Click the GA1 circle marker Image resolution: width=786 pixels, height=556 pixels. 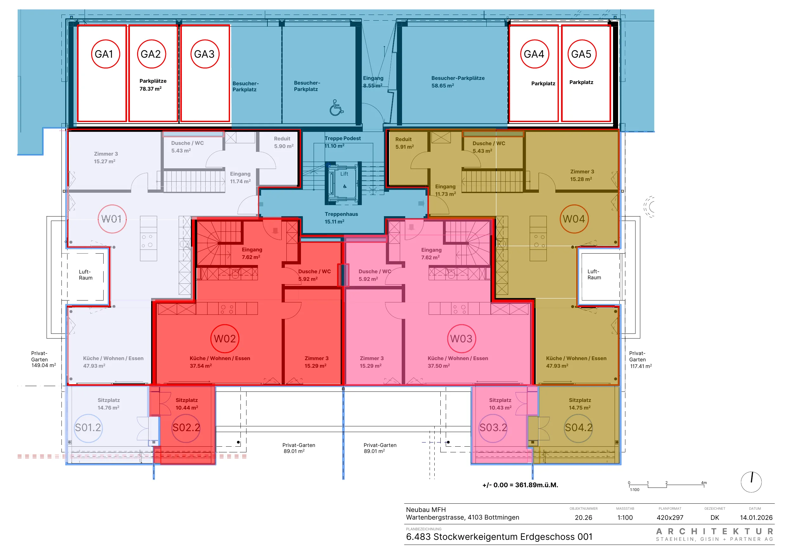(105, 54)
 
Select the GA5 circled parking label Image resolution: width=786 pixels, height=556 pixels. (582, 54)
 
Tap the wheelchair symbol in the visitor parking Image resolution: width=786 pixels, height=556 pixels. (336, 107)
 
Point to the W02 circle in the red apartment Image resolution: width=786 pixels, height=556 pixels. (225, 339)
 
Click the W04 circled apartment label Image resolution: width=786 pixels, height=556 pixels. (574, 219)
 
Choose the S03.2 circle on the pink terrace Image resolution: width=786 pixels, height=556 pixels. (493, 428)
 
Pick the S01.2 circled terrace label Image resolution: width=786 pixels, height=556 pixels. (88, 428)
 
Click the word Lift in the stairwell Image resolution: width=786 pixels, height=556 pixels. (344, 174)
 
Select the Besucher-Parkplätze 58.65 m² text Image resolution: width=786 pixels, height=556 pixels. (458, 82)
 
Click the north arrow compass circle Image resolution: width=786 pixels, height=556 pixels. (751, 482)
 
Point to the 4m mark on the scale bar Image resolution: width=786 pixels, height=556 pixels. (704, 483)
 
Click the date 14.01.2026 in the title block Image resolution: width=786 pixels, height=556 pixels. (756, 518)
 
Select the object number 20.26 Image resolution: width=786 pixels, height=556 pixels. (583, 518)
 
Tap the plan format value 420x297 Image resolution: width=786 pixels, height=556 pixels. (670, 518)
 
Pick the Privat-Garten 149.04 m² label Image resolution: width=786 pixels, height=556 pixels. (43, 359)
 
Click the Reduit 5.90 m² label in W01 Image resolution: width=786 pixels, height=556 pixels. (284, 142)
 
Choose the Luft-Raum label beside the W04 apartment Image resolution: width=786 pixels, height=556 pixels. (594, 275)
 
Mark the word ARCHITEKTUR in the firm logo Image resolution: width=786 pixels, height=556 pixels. (715, 531)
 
